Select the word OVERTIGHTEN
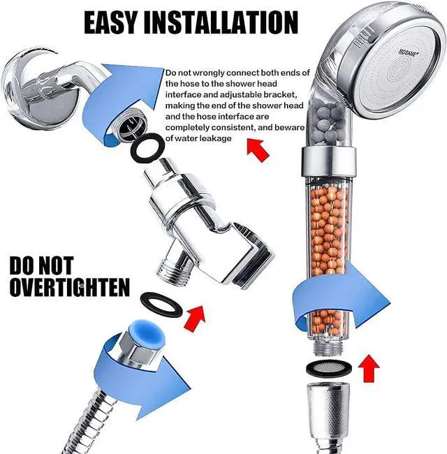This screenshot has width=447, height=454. tap(69, 286)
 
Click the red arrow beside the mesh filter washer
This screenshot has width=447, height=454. tap(369, 367)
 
